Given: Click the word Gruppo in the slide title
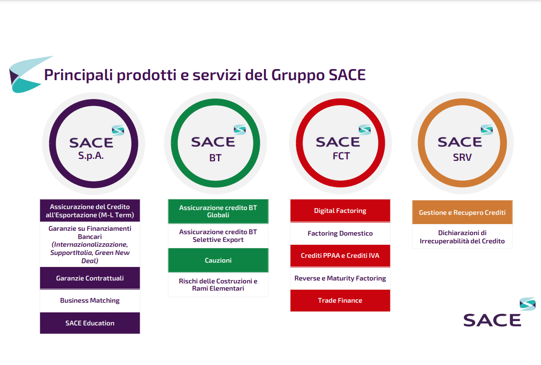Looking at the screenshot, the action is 298,76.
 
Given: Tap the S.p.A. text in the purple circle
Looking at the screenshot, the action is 91,156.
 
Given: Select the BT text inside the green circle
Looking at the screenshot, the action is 215,158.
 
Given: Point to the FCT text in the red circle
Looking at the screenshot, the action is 341,156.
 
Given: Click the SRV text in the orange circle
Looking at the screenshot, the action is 462,157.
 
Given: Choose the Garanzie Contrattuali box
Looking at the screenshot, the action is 90,278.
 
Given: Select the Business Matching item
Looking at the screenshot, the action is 90,301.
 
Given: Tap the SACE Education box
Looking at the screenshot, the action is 90,323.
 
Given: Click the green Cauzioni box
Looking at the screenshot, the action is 218,260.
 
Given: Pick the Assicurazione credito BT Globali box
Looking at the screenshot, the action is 218,211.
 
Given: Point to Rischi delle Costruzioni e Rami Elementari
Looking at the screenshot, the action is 218,285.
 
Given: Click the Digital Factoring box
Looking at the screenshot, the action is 340,211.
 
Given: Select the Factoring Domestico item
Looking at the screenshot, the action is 340,233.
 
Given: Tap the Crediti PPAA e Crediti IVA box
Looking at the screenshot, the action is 340,256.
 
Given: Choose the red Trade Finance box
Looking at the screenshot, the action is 340,301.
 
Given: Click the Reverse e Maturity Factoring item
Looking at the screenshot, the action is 340,278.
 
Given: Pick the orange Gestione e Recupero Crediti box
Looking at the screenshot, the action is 462,212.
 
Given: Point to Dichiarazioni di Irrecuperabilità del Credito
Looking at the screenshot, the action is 462,237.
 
